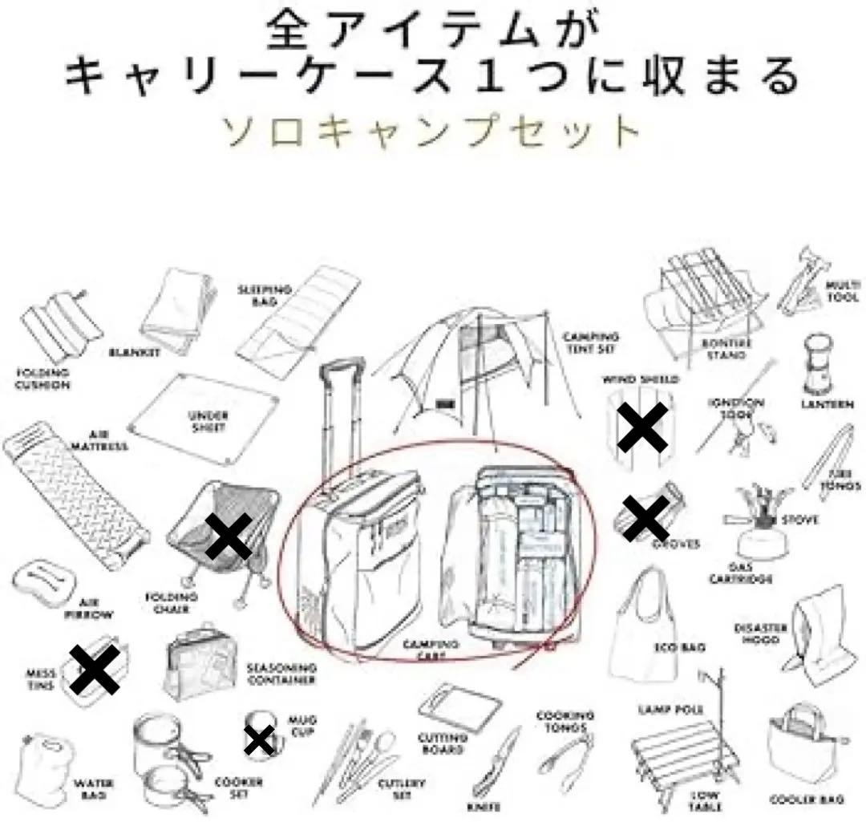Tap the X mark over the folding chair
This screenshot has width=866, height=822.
[x=229, y=537]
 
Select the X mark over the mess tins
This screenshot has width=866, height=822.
[x=94, y=670]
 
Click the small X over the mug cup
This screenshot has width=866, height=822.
[x=259, y=741]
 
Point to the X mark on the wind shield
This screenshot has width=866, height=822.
[x=642, y=427]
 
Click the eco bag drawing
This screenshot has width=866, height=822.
[x=641, y=626]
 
